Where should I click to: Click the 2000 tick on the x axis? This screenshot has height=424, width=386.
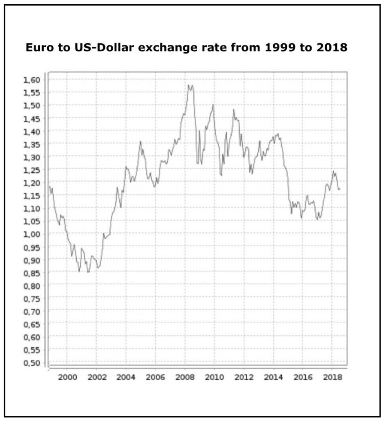click(67, 377)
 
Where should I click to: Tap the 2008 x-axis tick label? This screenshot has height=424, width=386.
click(185, 377)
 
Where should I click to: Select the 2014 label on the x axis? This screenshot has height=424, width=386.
click(273, 377)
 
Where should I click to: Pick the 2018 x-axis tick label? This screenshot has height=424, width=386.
click(332, 377)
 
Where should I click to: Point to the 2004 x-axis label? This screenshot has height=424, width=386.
click(126, 377)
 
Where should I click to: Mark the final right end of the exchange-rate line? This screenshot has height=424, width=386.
click(340, 188)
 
